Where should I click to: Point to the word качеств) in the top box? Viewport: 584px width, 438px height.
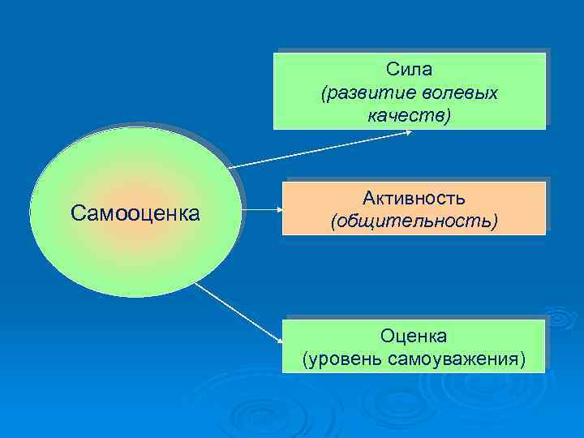pyautogui.click(x=409, y=116)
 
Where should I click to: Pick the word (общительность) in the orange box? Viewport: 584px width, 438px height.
pyautogui.click(x=414, y=220)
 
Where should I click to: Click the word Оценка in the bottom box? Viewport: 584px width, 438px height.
pyautogui.click(x=414, y=335)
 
